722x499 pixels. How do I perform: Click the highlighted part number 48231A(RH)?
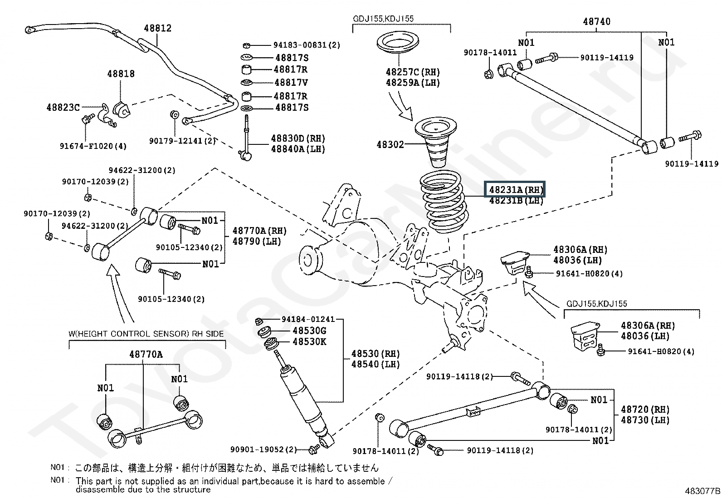point(515,190)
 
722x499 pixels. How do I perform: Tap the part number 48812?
point(158,28)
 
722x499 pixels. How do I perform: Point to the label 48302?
point(390,145)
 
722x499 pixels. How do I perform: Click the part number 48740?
point(596,21)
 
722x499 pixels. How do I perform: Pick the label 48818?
point(121,74)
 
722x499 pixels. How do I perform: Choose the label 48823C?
point(63,108)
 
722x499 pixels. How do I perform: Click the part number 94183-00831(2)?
point(307,45)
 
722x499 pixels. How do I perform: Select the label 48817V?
point(291,83)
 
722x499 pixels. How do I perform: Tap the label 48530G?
point(309,331)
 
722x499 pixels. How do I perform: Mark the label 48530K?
point(309,342)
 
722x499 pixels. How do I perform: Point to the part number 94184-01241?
point(308,319)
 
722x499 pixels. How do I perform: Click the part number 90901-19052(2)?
point(263,450)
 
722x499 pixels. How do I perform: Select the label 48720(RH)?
point(645,410)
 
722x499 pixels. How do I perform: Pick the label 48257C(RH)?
point(413,72)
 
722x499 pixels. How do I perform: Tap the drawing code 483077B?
point(702,491)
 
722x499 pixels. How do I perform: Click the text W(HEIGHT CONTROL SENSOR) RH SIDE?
point(146,334)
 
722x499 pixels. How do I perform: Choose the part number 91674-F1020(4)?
point(93,146)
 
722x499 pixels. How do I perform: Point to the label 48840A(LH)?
point(298,149)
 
